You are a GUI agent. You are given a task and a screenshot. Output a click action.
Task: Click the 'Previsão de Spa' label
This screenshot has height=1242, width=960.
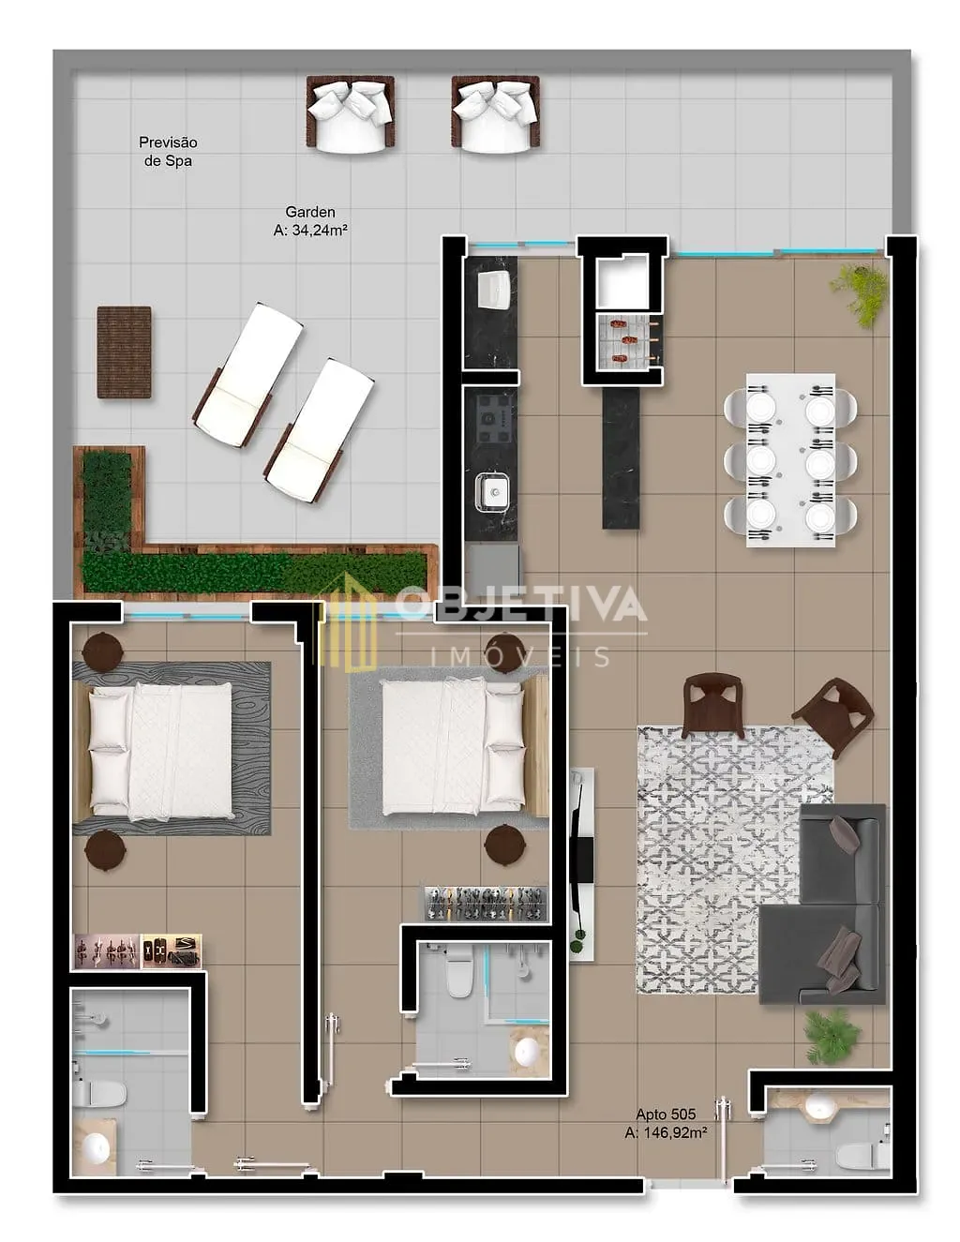click(168, 152)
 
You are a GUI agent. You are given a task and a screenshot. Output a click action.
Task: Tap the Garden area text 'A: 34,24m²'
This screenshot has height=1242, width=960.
click(310, 231)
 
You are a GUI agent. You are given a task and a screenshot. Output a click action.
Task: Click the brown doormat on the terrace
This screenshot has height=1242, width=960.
click(125, 352)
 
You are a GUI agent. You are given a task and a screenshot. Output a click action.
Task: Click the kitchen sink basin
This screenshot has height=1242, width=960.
click(492, 491)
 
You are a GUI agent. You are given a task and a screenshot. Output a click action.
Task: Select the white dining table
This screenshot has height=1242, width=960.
click(790, 460)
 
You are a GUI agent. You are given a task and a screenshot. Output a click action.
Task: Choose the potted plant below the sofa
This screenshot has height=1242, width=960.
click(832, 1036)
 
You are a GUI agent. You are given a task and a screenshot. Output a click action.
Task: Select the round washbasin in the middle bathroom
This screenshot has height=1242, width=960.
click(527, 1050)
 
